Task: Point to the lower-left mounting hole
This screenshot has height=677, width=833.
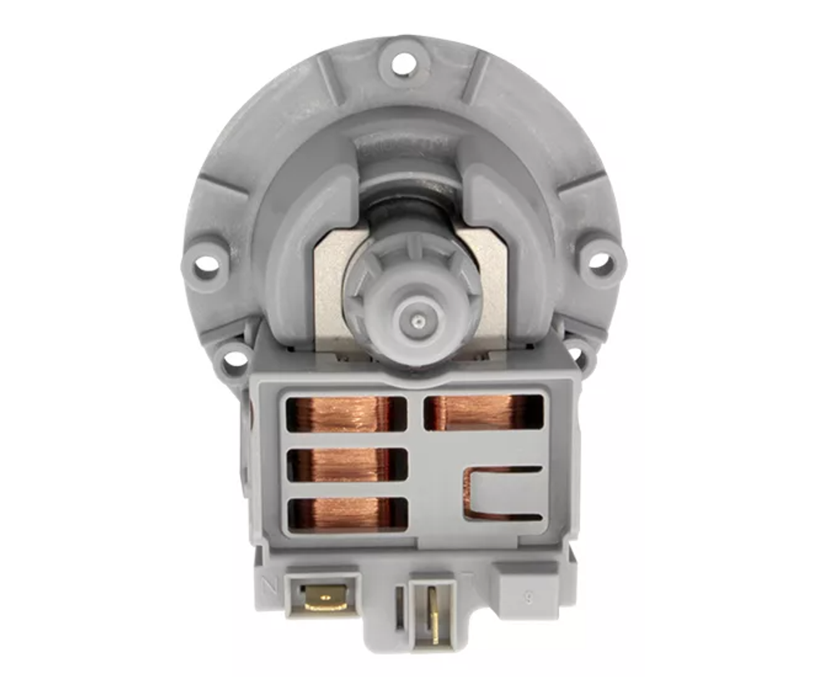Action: pyautogui.click(x=234, y=359)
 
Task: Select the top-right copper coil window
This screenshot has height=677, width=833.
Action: pyautogui.click(x=483, y=412)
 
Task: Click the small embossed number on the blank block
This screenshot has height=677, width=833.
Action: pyautogui.click(x=526, y=597)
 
